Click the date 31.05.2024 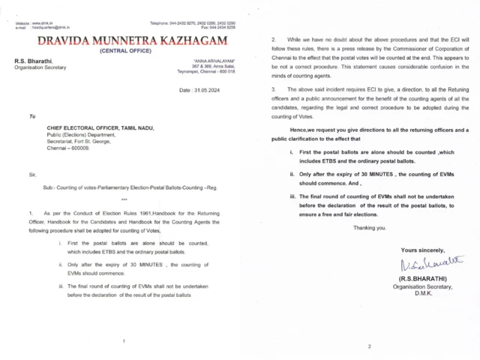197,90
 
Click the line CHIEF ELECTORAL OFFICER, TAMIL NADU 100,128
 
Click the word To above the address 32,116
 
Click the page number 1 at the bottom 124,341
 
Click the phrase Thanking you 370,227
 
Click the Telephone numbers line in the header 193,24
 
